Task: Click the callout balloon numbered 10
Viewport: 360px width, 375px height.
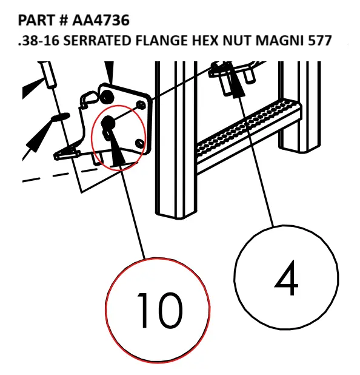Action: (158, 308)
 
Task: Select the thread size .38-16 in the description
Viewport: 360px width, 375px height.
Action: (37, 41)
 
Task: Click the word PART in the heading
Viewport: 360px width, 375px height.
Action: (36, 21)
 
